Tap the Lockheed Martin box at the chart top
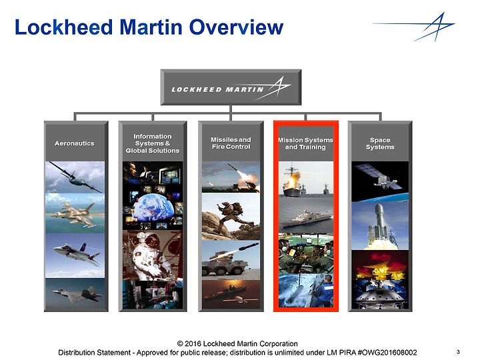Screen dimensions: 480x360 (x=231, y=87)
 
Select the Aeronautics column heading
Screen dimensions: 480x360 (x=75, y=143)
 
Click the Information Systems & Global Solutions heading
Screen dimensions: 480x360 (x=153, y=143)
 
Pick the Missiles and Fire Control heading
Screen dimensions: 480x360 (x=231, y=143)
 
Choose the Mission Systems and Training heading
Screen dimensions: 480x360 (x=305, y=143)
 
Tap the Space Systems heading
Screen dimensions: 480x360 (x=380, y=143)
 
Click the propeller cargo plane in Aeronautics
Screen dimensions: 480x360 (x=75, y=177)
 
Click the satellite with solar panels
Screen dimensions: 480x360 (x=381, y=178)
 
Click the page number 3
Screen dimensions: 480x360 (x=458, y=352)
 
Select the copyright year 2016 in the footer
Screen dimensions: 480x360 (x=193, y=344)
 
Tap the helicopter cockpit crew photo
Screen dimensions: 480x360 (x=306, y=253)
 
